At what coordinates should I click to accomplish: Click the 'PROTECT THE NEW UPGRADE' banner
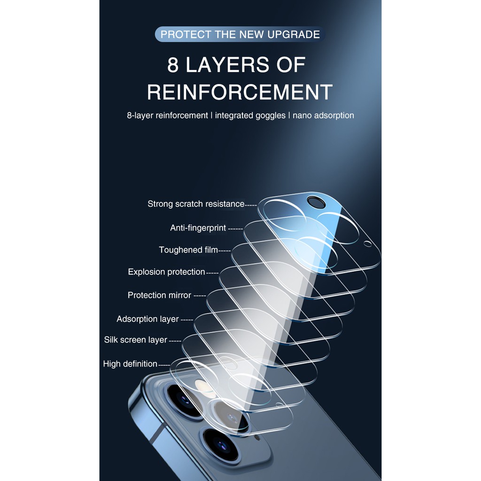(240, 34)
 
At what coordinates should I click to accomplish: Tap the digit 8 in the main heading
(173, 65)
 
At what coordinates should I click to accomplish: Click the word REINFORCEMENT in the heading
(240, 92)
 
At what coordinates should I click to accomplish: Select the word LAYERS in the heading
(227, 65)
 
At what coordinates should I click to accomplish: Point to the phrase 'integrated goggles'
(250, 116)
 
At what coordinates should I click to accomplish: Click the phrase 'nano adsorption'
(323, 116)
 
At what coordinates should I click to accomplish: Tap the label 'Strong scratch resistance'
(196, 204)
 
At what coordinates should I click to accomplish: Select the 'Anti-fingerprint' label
(198, 228)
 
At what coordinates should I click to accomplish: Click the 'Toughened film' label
(188, 250)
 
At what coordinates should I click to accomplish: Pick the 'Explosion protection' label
(167, 272)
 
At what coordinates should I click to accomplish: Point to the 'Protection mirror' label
(160, 295)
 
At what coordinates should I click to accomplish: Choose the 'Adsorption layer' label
(147, 319)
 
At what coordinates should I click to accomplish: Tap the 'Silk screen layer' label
(136, 340)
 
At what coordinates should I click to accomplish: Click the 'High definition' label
(130, 364)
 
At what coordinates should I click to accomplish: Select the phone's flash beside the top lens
(201, 385)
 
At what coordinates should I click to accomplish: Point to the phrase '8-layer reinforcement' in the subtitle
(168, 116)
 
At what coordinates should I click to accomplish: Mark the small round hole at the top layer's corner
(367, 244)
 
